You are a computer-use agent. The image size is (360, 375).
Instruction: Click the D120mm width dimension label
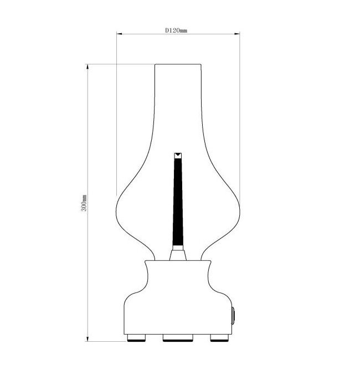pos(176,30)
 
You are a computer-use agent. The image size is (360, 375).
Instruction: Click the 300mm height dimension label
pos(84,203)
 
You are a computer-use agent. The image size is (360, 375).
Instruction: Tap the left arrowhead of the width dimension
pos(120,34)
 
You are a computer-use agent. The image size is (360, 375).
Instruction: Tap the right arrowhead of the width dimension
pos(237,34)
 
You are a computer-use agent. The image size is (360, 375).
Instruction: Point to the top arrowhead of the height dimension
pos(88,67)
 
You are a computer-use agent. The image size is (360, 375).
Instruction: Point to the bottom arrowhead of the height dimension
pos(88,338)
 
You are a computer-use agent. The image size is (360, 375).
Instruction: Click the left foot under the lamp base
pos(136,338)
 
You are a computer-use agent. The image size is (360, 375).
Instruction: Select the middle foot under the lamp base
pos(178,338)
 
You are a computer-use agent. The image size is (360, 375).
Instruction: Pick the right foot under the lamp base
pos(219,338)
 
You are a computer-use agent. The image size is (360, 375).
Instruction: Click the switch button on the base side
pos(233,316)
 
